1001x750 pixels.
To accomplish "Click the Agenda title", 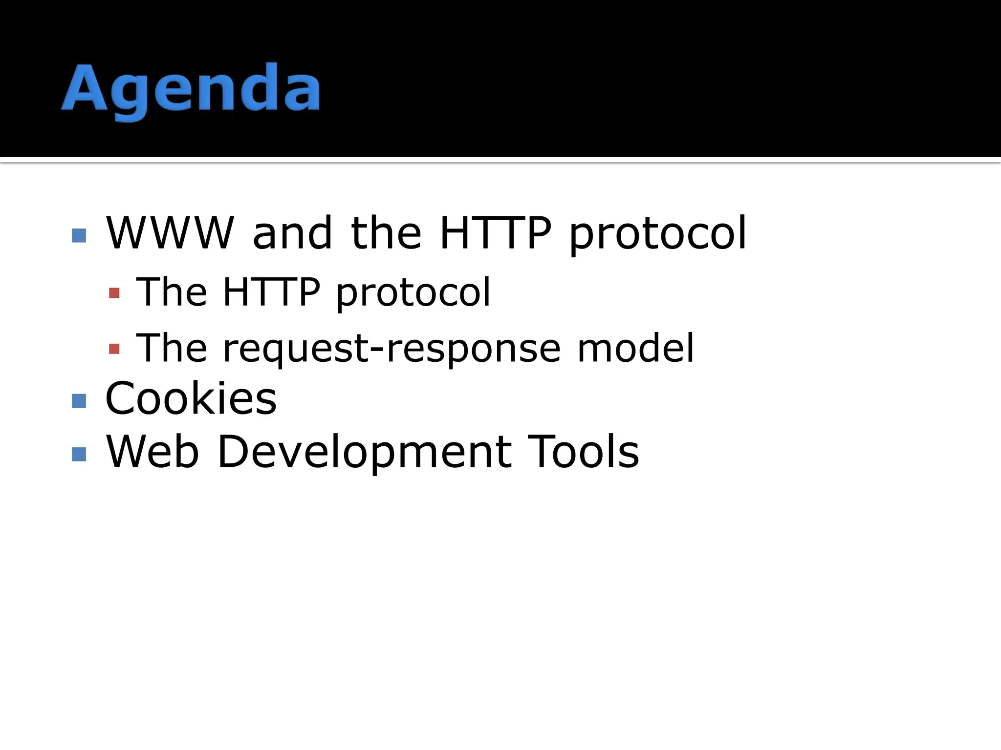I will pyautogui.click(x=191, y=90).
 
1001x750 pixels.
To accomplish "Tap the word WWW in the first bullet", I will pyautogui.click(x=170, y=233).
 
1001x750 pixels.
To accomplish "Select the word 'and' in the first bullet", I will pyautogui.click(x=292, y=233).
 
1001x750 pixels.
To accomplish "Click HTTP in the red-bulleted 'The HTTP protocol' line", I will pyautogui.click(x=271, y=292).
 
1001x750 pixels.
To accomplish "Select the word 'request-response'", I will pyautogui.click(x=392, y=349).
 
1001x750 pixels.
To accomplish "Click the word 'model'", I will pyautogui.click(x=635, y=348).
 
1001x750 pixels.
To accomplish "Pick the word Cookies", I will pyautogui.click(x=191, y=398).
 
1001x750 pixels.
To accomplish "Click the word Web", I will pyautogui.click(x=152, y=452).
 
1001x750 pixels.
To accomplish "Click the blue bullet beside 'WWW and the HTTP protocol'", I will pyautogui.click(x=79, y=235).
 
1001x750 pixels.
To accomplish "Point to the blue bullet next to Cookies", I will pyautogui.click(x=79, y=401).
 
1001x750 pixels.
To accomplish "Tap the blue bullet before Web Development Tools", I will pyautogui.click(x=79, y=455).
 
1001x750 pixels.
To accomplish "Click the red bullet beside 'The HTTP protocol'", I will pyautogui.click(x=114, y=293).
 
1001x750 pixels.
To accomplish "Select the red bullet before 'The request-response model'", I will pyautogui.click(x=114, y=349).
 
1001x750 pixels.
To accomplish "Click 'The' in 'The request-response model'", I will pyautogui.click(x=172, y=348).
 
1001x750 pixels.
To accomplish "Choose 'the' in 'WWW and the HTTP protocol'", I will pyautogui.click(x=386, y=233).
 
